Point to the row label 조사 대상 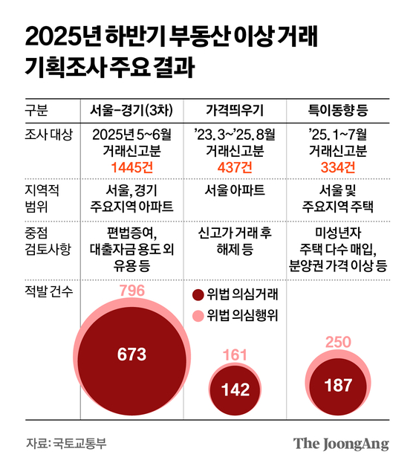[x=48, y=135]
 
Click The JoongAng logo [x=341, y=444]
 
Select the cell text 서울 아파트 [x=235, y=190]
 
